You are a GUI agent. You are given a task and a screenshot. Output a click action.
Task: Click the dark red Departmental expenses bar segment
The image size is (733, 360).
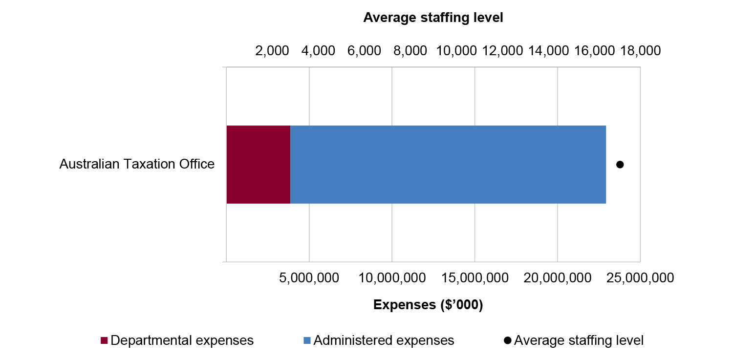point(258,164)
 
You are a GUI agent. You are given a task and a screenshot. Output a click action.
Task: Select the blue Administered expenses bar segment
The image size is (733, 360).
point(448,164)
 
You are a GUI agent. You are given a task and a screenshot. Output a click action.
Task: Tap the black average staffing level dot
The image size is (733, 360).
point(620,165)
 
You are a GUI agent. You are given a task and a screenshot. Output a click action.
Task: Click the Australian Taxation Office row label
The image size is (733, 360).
point(137,164)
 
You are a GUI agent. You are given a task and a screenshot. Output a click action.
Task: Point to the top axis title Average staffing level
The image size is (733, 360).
point(433,18)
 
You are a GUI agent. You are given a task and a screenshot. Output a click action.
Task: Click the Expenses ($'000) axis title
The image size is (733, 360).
point(428,305)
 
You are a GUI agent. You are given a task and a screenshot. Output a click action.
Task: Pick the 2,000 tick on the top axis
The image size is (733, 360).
point(272,50)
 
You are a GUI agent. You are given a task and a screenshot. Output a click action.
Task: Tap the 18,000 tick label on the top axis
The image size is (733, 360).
point(640,50)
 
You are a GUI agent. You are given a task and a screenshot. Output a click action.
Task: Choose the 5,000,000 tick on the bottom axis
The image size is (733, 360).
point(309,278)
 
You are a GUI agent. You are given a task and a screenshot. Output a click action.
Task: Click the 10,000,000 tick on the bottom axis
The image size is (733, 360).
point(392,278)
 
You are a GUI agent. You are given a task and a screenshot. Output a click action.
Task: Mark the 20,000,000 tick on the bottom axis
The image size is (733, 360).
point(558,278)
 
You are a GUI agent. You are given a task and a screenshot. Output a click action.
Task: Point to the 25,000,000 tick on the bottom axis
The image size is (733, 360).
point(640,278)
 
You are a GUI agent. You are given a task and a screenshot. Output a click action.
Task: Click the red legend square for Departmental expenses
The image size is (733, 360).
point(104,340)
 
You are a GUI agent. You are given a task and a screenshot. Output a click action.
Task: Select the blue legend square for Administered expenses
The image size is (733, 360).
point(306,340)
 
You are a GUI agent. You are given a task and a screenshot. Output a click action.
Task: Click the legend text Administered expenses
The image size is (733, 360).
point(384,340)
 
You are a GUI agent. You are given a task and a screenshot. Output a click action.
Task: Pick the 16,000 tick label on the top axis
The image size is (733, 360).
point(594,50)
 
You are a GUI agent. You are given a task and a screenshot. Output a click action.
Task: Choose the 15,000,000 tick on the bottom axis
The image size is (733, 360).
point(474,278)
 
